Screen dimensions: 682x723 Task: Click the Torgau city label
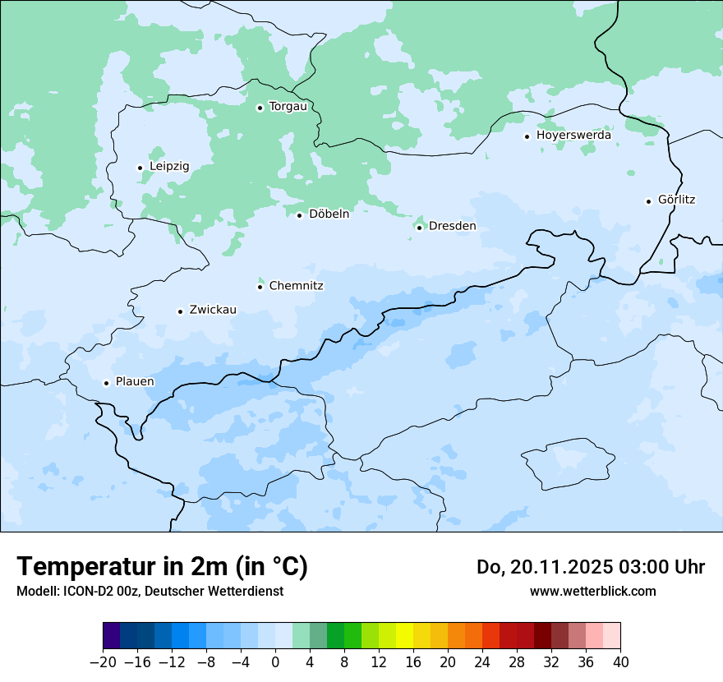(x=288, y=107)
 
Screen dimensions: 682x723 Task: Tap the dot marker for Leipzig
(x=140, y=168)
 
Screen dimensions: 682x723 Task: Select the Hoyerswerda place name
(x=573, y=136)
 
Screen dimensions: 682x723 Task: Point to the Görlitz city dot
(x=648, y=200)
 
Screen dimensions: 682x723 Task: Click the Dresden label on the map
(x=452, y=227)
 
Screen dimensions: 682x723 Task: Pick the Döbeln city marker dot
(x=299, y=215)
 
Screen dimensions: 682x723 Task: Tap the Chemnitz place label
(x=296, y=286)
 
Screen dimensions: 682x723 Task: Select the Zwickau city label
(x=213, y=311)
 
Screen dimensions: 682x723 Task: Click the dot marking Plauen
(x=106, y=383)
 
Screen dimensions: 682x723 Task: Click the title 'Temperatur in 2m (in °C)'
(x=162, y=567)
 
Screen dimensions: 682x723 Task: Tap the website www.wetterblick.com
(x=592, y=592)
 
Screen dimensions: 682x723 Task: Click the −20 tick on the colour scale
(x=103, y=662)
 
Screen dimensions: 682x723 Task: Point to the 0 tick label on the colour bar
(x=275, y=662)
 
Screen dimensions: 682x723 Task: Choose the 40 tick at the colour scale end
(x=620, y=662)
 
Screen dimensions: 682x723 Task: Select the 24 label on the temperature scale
(x=482, y=662)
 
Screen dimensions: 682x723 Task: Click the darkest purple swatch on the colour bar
(x=111, y=637)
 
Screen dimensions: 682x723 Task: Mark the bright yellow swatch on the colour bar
(x=404, y=637)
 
